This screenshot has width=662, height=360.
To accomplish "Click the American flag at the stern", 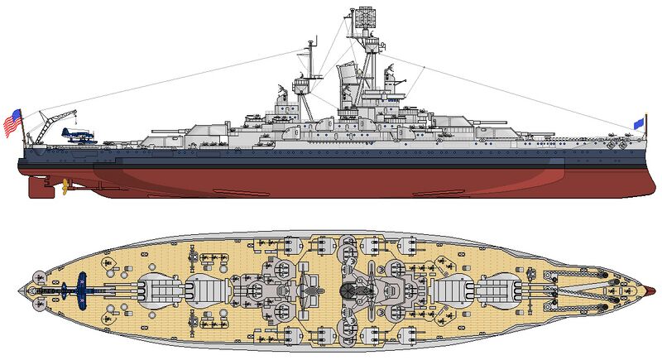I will [12, 122].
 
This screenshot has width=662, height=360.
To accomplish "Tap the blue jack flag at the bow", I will [638, 123].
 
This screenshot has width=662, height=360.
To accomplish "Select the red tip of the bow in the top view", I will [655, 290].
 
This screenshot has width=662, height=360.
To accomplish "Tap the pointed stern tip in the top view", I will [22, 290].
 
